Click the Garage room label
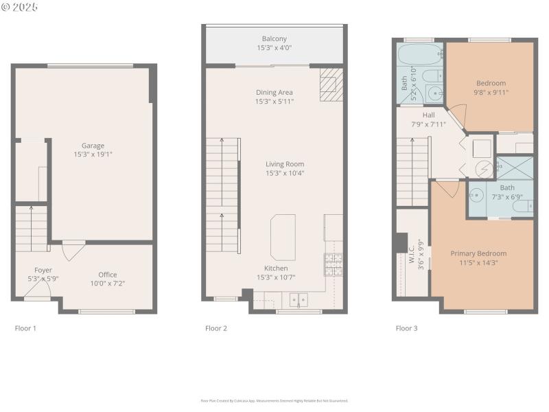coord(93,146)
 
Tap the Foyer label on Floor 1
coord(43,270)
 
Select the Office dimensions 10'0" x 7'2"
coord(108,283)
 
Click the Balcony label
coord(274,38)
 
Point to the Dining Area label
coord(274,93)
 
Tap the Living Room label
coord(285,164)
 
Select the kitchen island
coord(283,237)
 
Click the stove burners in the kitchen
coord(333,264)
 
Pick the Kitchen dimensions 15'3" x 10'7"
coord(277,277)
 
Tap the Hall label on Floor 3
coord(429,115)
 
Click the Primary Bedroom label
coord(478,253)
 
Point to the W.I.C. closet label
coord(411,257)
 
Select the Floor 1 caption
coord(25,328)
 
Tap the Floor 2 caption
coord(215,328)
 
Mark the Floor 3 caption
coord(406,328)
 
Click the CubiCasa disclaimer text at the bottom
coord(274,400)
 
